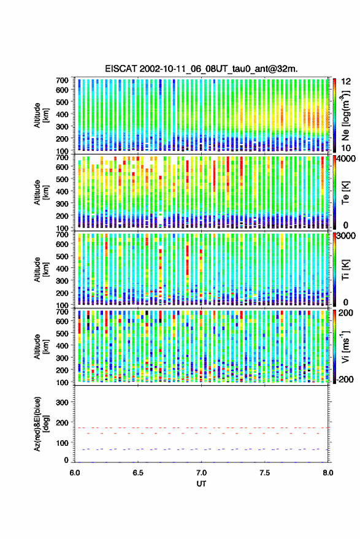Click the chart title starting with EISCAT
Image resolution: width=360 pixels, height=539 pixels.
click(201, 69)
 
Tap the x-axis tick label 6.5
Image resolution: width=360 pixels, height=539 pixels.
click(138, 473)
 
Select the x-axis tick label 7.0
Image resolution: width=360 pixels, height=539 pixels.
click(201, 473)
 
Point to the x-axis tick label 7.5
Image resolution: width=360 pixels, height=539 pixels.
click(264, 473)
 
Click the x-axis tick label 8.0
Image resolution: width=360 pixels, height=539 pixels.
click(327, 473)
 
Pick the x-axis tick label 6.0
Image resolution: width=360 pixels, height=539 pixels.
click(75, 473)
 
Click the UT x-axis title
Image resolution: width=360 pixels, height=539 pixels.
click(201, 484)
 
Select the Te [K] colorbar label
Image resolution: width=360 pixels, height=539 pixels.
click(345, 193)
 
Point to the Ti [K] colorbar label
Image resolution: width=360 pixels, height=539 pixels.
click(345, 270)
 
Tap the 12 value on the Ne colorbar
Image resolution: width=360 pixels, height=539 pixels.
click(347, 82)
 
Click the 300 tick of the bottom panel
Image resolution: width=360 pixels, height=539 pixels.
click(62, 402)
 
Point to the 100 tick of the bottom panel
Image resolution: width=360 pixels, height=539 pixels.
click(62, 443)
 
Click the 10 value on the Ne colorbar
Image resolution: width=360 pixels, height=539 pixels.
click(347, 148)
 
